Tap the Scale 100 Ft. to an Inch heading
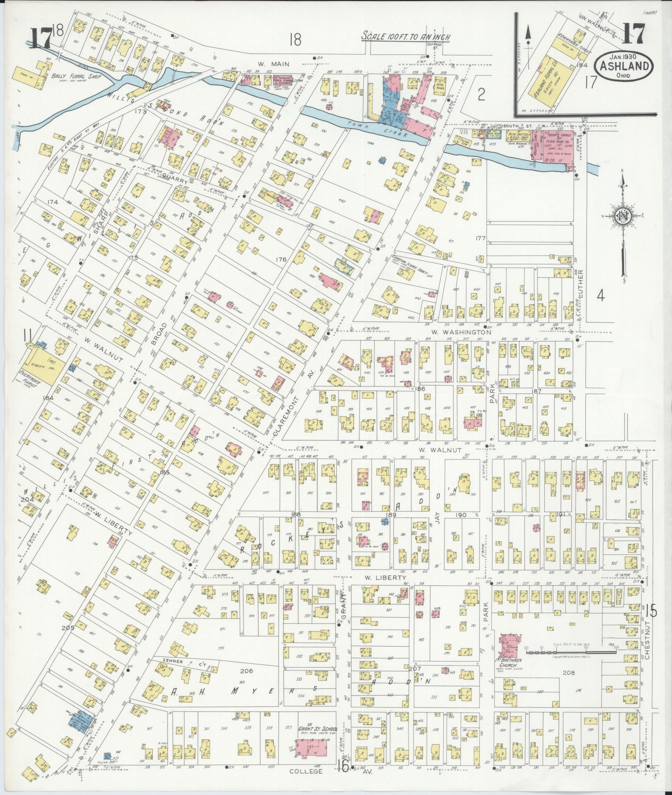(406, 36)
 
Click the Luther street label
(580, 285)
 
